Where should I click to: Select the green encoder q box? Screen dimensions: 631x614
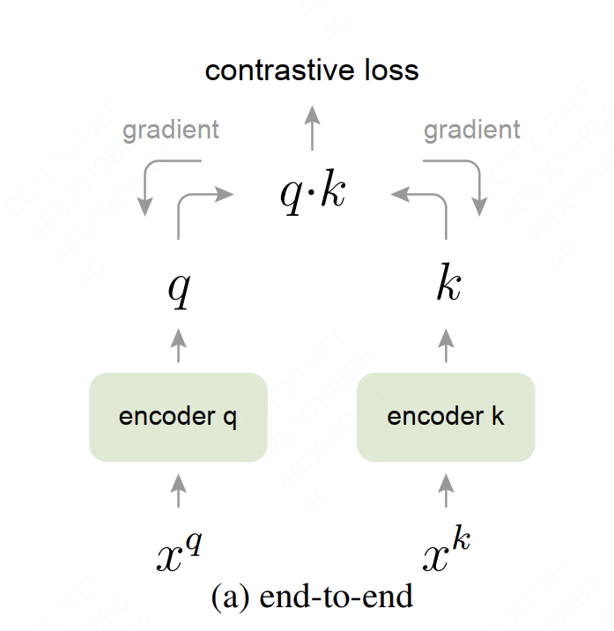pos(178,417)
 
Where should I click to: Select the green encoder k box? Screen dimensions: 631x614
pos(446,417)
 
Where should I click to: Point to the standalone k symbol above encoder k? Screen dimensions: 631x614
pos(448,286)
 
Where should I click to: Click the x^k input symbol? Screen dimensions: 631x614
pos(446,553)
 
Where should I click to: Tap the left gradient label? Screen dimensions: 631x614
pos(171,130)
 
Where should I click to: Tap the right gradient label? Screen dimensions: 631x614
pos(472,130)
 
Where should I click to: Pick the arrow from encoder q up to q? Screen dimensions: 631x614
pos(179,345)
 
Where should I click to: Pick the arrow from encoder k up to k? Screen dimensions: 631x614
pos(446,345)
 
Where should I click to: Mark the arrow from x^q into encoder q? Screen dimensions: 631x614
pos(179,490)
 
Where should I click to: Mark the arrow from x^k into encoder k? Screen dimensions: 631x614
pos(446,490)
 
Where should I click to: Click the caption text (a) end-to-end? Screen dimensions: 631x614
pos(312,597)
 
